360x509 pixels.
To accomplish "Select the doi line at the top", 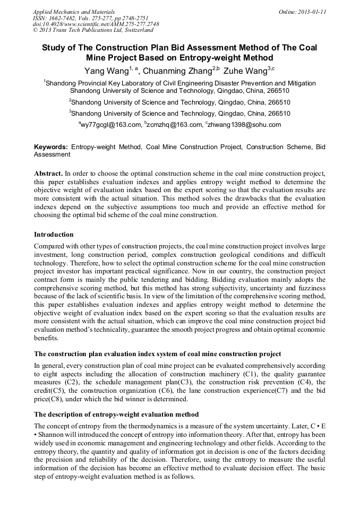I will click(96, 24).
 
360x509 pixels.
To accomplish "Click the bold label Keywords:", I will click(51, 146).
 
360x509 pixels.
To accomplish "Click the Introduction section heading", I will click(54, 235).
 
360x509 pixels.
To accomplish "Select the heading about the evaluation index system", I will click(158, 354).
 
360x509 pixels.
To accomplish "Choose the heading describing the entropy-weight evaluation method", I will click(116, 415).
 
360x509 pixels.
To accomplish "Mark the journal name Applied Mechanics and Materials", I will click(73, 12).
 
